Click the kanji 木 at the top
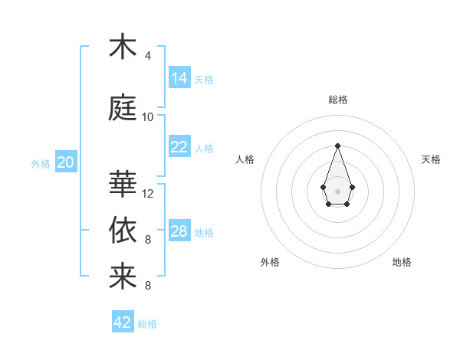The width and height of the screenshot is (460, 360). coord(123,47)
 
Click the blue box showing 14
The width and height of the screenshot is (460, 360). coord(179,78)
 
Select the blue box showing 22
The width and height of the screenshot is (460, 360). coord(179,147)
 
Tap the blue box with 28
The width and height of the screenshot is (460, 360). coord(179,231)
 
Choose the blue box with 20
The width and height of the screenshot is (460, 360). coord(66,162)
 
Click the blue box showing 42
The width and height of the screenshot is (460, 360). coord(123,322)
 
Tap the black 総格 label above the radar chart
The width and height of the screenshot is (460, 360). coord(337,100)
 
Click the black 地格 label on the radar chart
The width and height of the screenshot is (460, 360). coord(402,262)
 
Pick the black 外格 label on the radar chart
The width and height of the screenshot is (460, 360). coord(270,262)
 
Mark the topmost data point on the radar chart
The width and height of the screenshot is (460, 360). coord(337,145)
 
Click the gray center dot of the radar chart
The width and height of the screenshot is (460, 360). coord(337,190)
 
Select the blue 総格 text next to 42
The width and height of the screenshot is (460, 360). coord(147,324)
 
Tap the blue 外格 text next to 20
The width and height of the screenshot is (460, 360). coord(41,163)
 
